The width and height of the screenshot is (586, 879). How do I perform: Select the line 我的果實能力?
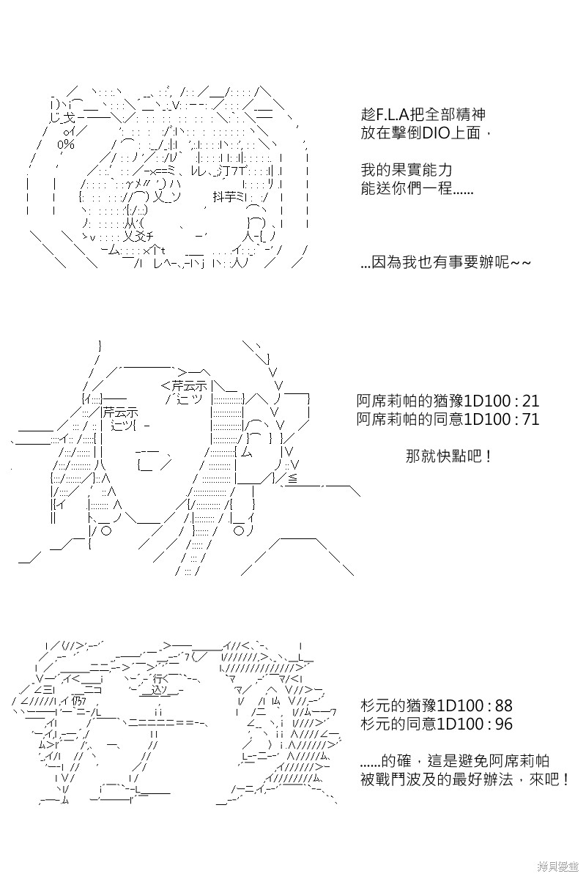point(407,170)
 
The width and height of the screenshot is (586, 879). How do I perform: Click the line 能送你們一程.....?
point(417,189)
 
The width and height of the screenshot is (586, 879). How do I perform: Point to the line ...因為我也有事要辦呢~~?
point(445,262)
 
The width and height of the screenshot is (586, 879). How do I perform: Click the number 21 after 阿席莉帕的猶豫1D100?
point(530,401)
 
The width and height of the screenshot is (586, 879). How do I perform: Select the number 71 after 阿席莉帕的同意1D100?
point(530,420)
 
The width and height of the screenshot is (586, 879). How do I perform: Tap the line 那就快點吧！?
point(448,456)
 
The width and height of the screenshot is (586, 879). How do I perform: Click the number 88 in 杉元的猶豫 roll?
point(504,706)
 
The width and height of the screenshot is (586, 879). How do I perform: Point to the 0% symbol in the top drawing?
point(65,145)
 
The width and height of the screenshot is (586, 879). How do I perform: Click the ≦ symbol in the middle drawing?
point(293,478)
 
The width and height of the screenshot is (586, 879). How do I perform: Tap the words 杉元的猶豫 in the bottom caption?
point(398,706)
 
